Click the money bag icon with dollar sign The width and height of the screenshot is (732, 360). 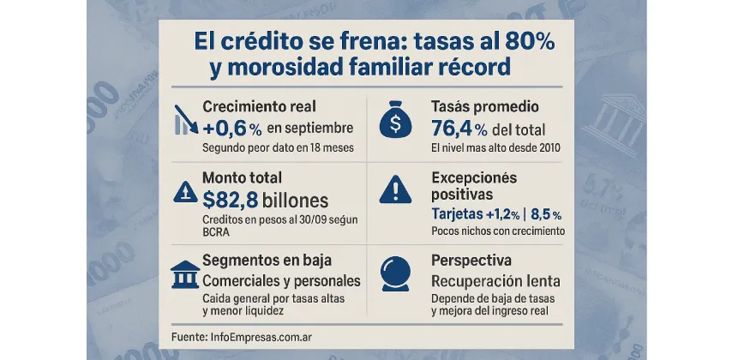(394, 122)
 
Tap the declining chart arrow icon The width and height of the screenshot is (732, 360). (186, 121)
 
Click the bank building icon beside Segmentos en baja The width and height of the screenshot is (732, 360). (183, 275)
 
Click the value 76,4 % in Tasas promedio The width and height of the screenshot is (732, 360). (460, 129)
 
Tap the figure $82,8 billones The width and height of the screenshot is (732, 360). (266, 201)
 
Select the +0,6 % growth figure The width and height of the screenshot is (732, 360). (232, 129)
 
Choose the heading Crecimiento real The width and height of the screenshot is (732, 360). (259, 107)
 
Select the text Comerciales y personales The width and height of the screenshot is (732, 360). (280, 281)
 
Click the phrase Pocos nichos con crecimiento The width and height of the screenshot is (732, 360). (497, 231)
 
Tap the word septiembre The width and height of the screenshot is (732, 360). (309, 129)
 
